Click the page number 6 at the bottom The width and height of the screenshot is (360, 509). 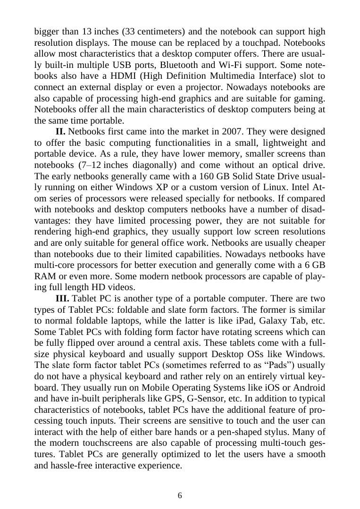[x=180, y=495]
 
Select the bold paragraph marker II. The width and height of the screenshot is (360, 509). [x=60, y=131]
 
